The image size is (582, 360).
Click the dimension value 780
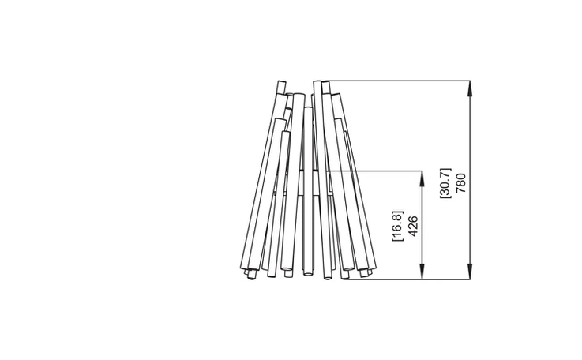460,183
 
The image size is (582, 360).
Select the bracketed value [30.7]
445,183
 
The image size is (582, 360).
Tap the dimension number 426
413,226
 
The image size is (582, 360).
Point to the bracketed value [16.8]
397,226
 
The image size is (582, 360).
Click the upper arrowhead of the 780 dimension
470,88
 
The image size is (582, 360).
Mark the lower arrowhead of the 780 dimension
470,272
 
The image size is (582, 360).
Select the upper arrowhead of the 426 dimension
422,179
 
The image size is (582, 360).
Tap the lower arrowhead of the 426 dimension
422,272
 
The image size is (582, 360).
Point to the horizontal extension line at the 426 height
375,171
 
